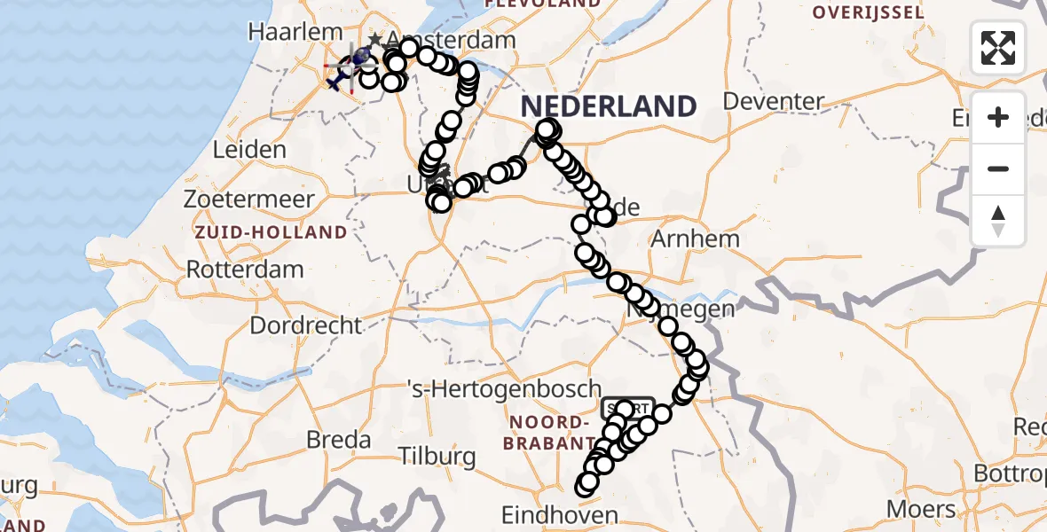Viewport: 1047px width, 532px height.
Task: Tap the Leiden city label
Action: tap(249, 149)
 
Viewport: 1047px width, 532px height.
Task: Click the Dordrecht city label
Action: tap(306, 325)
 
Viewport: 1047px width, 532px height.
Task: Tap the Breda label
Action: tap(338, 439)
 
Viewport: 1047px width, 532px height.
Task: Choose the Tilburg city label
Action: tap(437, 457)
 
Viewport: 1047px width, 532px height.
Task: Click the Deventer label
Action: tap(774, 100)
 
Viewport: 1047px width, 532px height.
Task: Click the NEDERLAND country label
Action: tap(609, 106)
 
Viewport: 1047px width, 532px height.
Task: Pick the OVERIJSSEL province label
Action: tap(869, 13)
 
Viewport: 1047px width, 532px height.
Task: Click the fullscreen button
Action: tap(998, 48)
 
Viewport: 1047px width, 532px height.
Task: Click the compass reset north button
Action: tap(998, 220)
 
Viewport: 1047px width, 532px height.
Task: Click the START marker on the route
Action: tap(627, 408)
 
